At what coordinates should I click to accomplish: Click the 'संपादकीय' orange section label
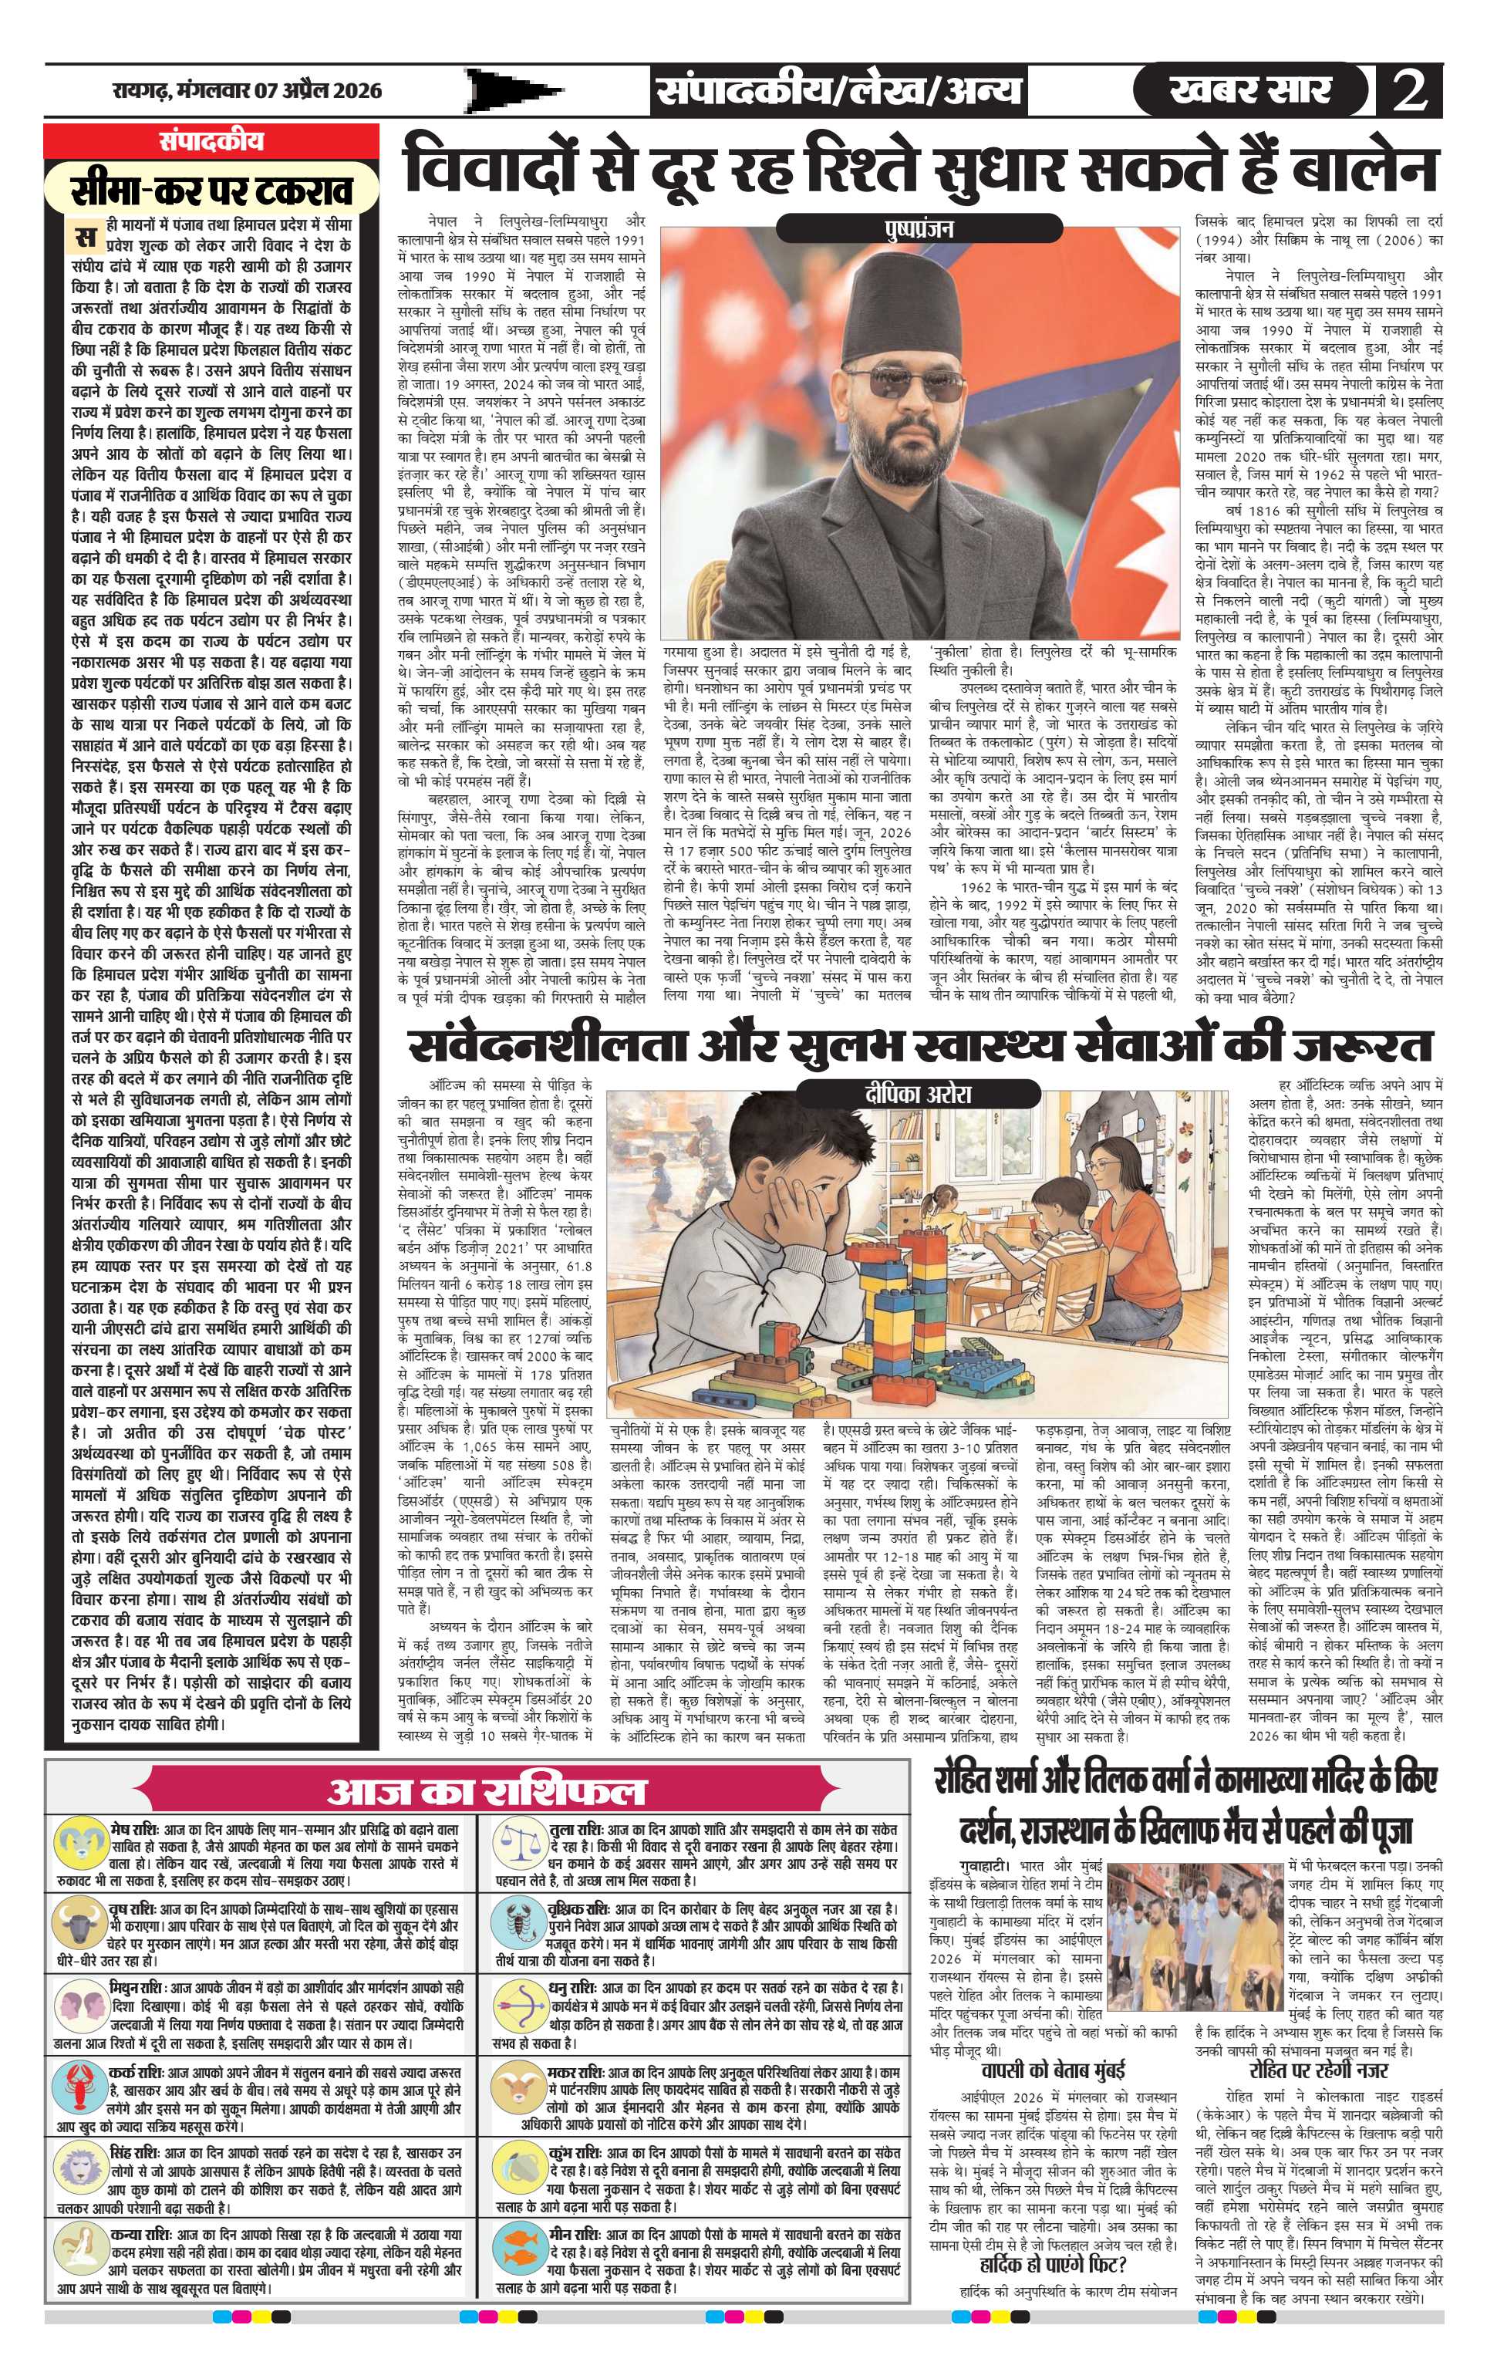(210, 141)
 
